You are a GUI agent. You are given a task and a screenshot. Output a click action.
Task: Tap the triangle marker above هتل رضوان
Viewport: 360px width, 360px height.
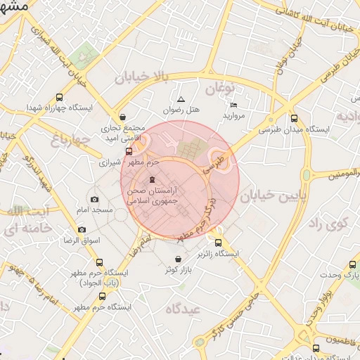(181, 99)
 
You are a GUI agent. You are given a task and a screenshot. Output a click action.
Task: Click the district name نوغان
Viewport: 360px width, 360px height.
(219, 89)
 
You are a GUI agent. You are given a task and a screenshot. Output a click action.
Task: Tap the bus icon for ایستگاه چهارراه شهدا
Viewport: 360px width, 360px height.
(58, 98)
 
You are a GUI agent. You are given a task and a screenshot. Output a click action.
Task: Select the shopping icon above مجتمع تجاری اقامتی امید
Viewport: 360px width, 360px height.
(123, 117)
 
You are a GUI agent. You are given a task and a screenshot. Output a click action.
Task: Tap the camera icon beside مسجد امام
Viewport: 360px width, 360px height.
(95, 200)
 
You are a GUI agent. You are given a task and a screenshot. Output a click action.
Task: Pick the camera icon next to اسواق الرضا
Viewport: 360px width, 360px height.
(82, 230)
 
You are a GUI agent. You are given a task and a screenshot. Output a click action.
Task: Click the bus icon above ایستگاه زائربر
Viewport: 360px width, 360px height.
(218, 242)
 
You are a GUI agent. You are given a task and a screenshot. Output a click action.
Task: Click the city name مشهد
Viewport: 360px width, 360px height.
(14, 6)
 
